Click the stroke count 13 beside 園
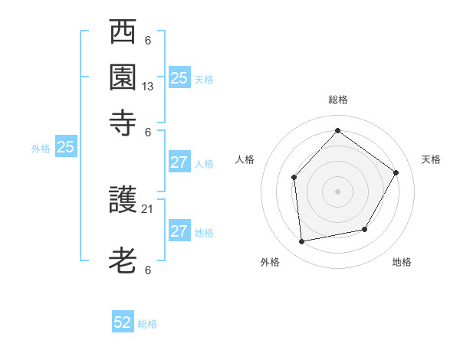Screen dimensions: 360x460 coord(148,87)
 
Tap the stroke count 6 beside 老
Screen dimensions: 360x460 coord(148,270)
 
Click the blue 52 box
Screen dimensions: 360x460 coord(123,322)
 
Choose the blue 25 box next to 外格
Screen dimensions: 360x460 coord(65,148)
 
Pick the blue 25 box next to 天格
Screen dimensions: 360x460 coord(179,77)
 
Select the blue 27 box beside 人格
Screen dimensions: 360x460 coord(179,162)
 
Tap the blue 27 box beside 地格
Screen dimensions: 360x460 coord(179,231)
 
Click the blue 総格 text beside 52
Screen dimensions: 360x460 coord(147,324)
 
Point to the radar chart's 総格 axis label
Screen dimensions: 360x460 coord(337,100)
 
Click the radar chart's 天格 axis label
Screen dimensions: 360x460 coord(432,159)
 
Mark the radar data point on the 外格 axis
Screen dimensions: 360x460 coord(302,241)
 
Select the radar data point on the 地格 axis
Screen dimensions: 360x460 coord(365,229)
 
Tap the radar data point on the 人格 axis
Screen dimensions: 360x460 coord(294,178)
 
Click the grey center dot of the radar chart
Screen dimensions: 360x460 coord(337,191)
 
